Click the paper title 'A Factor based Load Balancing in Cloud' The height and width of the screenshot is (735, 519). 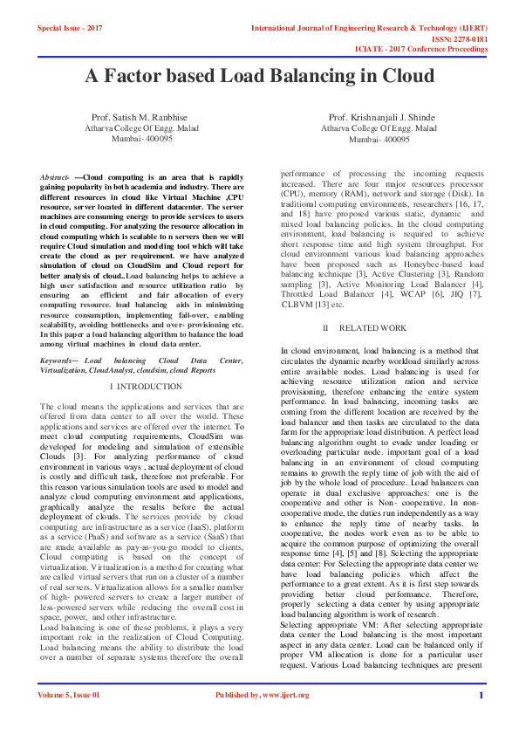click(259, 76)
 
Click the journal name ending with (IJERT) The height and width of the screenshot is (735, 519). click(369, 28)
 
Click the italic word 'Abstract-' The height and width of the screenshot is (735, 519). click(55, 178)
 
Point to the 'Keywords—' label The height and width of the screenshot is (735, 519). click(59, 361)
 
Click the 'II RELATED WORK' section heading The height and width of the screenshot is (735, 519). click(366, 327)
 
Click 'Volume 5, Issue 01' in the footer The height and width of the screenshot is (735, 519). click(69, 719)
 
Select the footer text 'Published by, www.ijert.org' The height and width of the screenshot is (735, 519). click(262, 719)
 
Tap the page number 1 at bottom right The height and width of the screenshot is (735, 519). click(480, 719)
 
